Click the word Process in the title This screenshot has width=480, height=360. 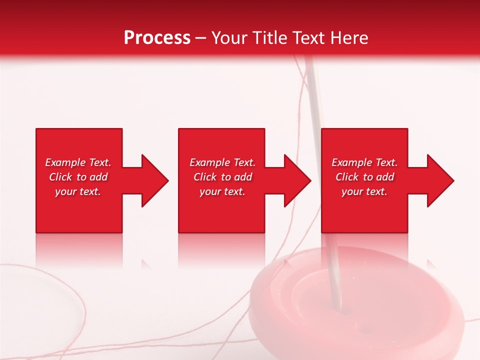pos(157,37)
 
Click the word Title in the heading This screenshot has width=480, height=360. pos(270,37)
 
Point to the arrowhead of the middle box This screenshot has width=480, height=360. pos(296,180)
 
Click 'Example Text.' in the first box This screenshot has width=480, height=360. pos(78,162)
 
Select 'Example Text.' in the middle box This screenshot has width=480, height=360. pos(222,162)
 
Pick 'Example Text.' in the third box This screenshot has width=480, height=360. pos(364,162)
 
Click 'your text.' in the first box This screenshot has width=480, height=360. pos(78,191)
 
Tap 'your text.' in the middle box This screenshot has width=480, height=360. pos(222,191)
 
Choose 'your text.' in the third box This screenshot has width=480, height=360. pos(364,191)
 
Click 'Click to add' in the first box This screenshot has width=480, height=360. pos(78,177)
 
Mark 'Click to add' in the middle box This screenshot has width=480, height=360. pos(222,177)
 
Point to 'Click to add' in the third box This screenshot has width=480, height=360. pos(364,177)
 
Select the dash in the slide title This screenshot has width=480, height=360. pos(201,38)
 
